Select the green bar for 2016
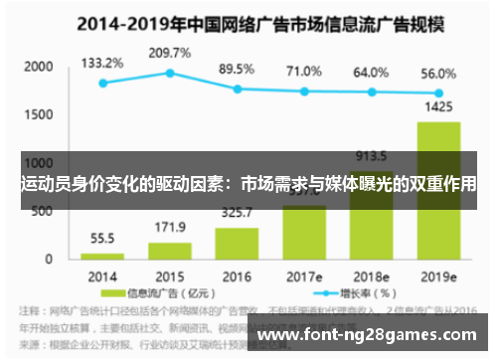click(x=237, y=244)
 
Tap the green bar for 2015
click(x=170, y=251)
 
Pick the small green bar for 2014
click(x=102, y=256)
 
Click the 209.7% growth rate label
click(x=169, y=52)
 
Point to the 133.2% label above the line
click(x=102, y=62)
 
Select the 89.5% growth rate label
click(x=237, y=69)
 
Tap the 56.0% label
click(x=437, y=73)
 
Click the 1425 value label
click(x=437, y=105)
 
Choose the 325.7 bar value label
click(x=237, y=213)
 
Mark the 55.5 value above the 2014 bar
click(x=102, y=239)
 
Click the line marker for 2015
click(x=170, y=73)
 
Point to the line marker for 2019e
click(x=437, y=92)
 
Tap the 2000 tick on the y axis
click(x=38, y=67)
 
